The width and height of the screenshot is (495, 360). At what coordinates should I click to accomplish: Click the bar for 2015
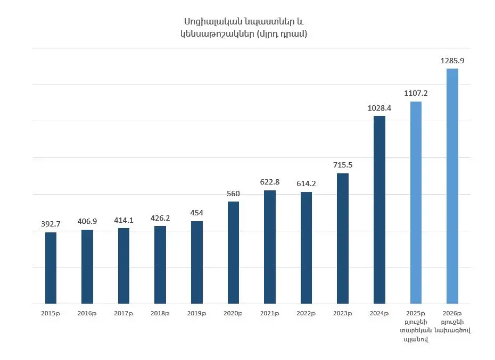(51, 267)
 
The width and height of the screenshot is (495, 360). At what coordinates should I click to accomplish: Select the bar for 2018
(160, 265)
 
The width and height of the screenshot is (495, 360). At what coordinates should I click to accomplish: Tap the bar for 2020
(233, 253)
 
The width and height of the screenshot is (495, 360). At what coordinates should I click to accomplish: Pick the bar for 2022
(306, 248)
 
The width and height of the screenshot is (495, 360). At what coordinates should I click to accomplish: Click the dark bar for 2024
(379, 210)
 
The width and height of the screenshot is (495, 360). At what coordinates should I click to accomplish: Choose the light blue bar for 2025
(416, 203)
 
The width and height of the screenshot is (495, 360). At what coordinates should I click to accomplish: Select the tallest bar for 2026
(452, 186)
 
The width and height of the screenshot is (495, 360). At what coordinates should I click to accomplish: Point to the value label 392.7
(51, 224)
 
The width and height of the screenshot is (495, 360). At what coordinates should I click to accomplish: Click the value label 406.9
(87, 221)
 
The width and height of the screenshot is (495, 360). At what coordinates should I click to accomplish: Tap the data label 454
(196, 213)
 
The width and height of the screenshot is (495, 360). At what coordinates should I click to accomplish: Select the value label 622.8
(269, 182)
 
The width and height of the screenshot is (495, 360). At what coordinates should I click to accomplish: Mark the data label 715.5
(342, 165)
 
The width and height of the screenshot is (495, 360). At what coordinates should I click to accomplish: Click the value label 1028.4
(379, 107)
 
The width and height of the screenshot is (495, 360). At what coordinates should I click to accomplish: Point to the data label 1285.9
(452, 61)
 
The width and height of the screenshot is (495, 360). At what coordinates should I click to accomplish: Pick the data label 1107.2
(416, 93)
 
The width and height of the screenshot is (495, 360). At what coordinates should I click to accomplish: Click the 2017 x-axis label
(123, 314)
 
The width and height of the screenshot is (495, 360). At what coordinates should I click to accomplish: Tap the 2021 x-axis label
(269, 314)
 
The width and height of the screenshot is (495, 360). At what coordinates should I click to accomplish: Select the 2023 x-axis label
(342, 314)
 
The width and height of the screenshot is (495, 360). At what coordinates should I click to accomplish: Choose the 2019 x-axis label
(196, 314)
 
